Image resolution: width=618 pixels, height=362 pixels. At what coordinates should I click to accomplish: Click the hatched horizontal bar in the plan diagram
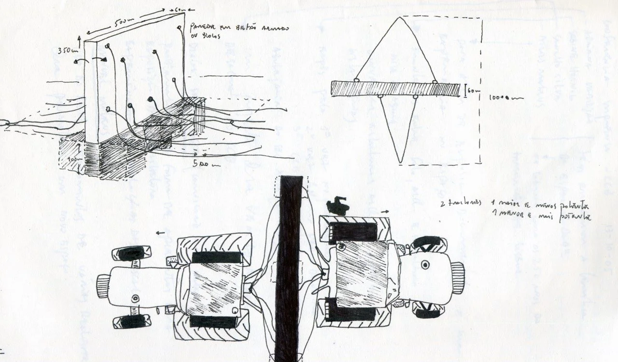395,89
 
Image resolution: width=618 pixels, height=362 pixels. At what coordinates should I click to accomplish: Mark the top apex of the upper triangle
399,18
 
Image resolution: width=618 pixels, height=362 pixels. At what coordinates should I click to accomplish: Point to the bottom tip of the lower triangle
399,162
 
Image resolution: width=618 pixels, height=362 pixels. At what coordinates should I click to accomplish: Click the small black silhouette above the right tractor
337,205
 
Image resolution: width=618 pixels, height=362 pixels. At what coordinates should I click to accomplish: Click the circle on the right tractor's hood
425,265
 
